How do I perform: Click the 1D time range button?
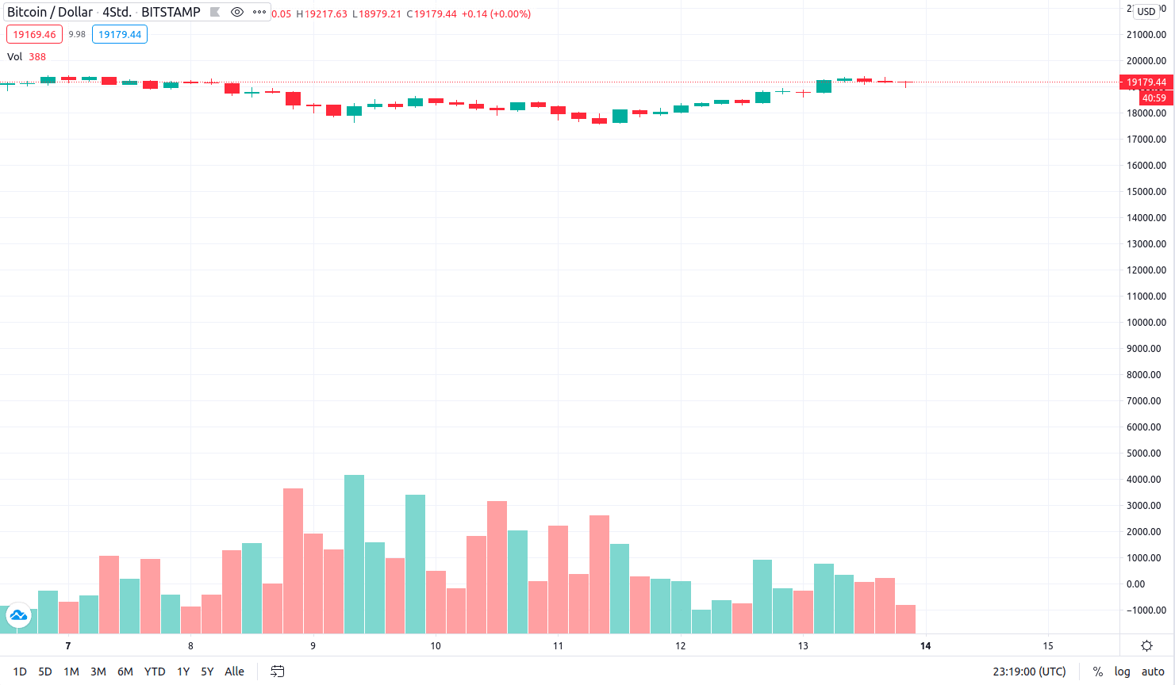point(20,672)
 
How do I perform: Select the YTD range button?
point(155,672)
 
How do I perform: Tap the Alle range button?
point(234,672)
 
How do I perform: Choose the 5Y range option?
point(207,672)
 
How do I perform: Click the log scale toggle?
point(1122,672)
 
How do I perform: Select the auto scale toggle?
point(1153,672)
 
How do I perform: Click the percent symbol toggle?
point(1098,672)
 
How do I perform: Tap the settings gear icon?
point(1146,646)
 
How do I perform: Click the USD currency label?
point(1146,12)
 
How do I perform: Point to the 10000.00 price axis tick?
point(1146,323)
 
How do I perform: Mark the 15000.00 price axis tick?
point(1146,192)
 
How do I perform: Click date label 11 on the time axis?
point(558,646)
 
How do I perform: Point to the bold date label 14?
point(925,646)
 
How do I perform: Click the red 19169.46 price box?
point(34,35)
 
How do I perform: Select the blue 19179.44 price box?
point(120,35)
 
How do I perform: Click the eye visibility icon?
point(236,12)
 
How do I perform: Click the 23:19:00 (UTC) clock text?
point(1029,672)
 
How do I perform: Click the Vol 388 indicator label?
point(26,57)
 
